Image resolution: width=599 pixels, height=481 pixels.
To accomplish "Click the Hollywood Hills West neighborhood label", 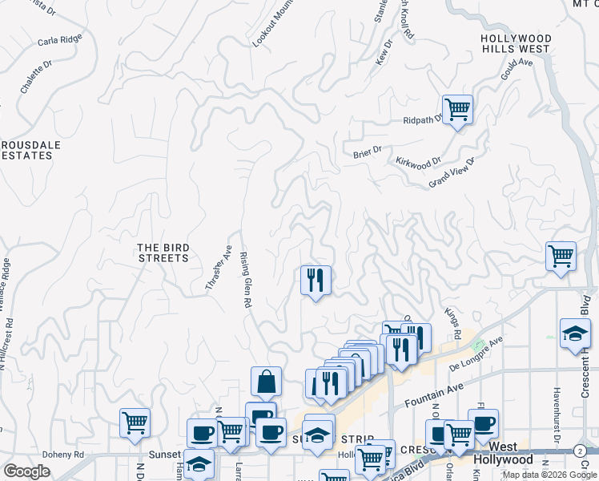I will tap(516, 43).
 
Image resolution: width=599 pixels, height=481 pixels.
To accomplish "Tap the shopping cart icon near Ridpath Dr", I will tap(457, 108).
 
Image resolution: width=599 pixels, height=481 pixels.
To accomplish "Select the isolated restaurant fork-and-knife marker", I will tap(316, 280).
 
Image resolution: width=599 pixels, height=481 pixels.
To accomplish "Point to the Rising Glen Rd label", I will tap(246, 280).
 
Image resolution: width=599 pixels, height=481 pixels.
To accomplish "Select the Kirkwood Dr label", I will tap(419, 161).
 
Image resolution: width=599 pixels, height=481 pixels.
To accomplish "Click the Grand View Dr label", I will tap(452, 172).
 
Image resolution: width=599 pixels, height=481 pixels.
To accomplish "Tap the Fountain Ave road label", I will tap(434, 390).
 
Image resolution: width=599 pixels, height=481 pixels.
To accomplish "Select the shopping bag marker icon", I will tap(266, 382).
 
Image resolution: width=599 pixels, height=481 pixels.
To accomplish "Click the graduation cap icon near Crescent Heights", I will tap(574, 334).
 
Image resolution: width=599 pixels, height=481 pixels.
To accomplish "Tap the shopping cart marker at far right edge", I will tap(561, 257).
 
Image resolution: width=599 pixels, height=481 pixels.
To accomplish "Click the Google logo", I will tap(26, 471).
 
